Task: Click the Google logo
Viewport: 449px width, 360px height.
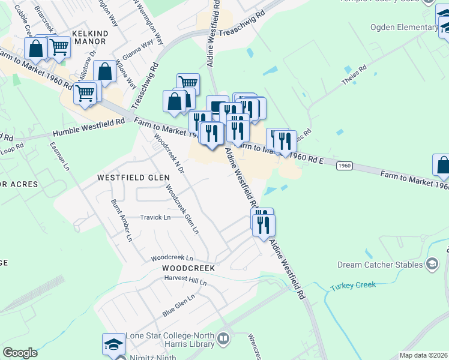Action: (20, 353)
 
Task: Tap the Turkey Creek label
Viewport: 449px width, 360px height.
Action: (353, 286)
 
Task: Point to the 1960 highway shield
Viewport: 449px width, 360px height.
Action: (343, 165)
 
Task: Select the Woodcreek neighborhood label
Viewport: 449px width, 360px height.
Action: (188, 268)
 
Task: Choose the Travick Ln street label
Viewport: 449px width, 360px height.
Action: (155, 217)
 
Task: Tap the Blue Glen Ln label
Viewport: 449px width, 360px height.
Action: (179, 305)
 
